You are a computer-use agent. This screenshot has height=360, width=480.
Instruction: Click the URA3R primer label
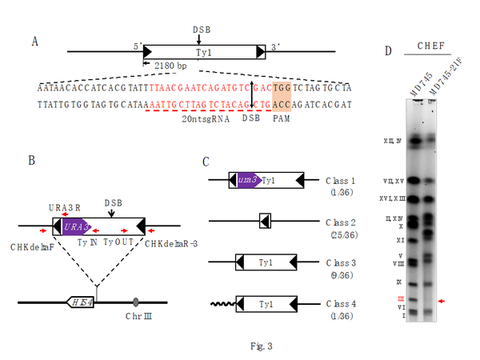point(62,208)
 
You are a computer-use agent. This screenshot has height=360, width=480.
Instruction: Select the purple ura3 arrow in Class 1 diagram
point(247,182)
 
